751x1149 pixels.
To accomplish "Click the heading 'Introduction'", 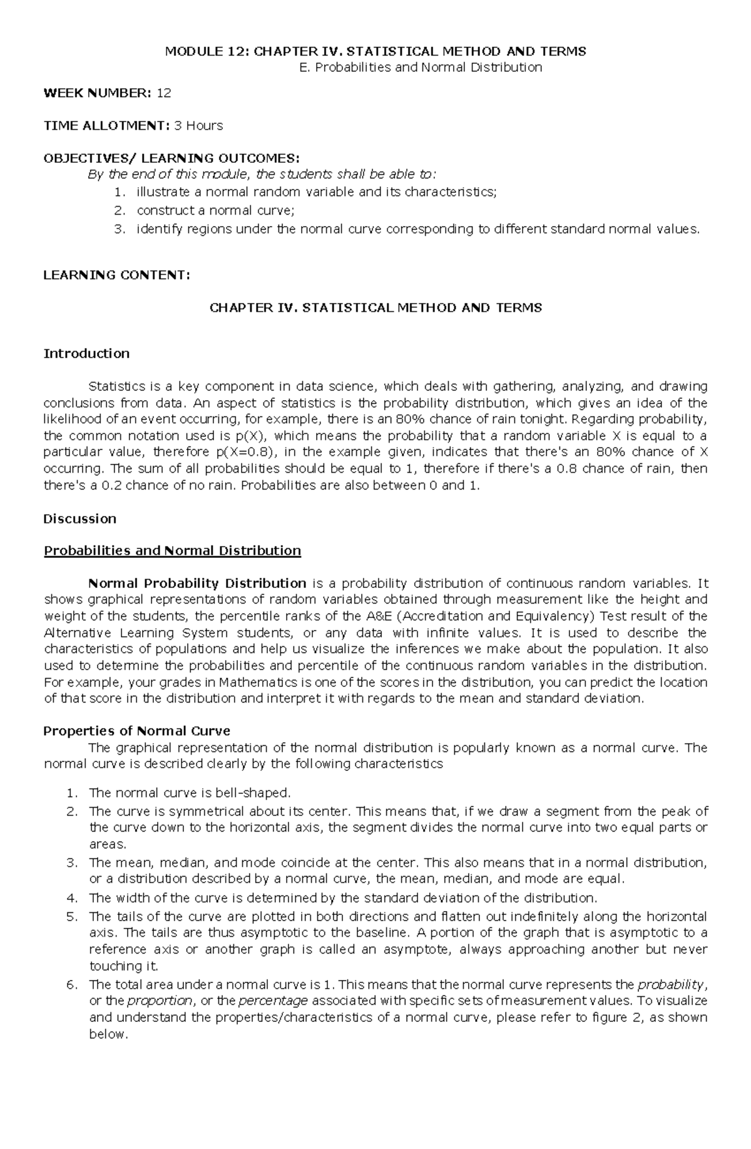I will click(x=86, y=353).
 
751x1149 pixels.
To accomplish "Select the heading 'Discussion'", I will click(x=79, y=518).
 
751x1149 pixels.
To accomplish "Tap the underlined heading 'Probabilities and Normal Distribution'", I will click(x=172, y=550).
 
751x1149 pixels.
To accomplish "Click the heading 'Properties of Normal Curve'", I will click(x=136, y=731).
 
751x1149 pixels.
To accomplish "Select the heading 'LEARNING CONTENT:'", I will click(x=116, y=274).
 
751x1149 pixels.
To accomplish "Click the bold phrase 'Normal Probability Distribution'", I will click(x=197, y=584).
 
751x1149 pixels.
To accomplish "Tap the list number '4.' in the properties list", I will click(x=71, y=898).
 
